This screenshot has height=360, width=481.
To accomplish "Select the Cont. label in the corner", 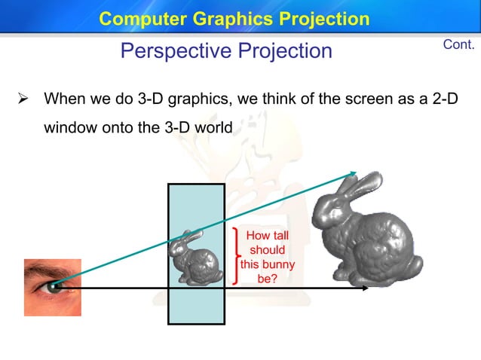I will tap(458, 44).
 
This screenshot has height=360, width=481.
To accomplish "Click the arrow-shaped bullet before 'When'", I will tap(23, 99).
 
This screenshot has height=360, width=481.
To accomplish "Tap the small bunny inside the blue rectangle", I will tap(195, 255).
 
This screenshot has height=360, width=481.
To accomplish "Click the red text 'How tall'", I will tap(268, 236).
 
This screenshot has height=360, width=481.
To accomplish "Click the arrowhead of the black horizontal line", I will tap(364, 288).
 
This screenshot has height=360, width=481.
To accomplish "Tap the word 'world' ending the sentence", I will tap(213, 127).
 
